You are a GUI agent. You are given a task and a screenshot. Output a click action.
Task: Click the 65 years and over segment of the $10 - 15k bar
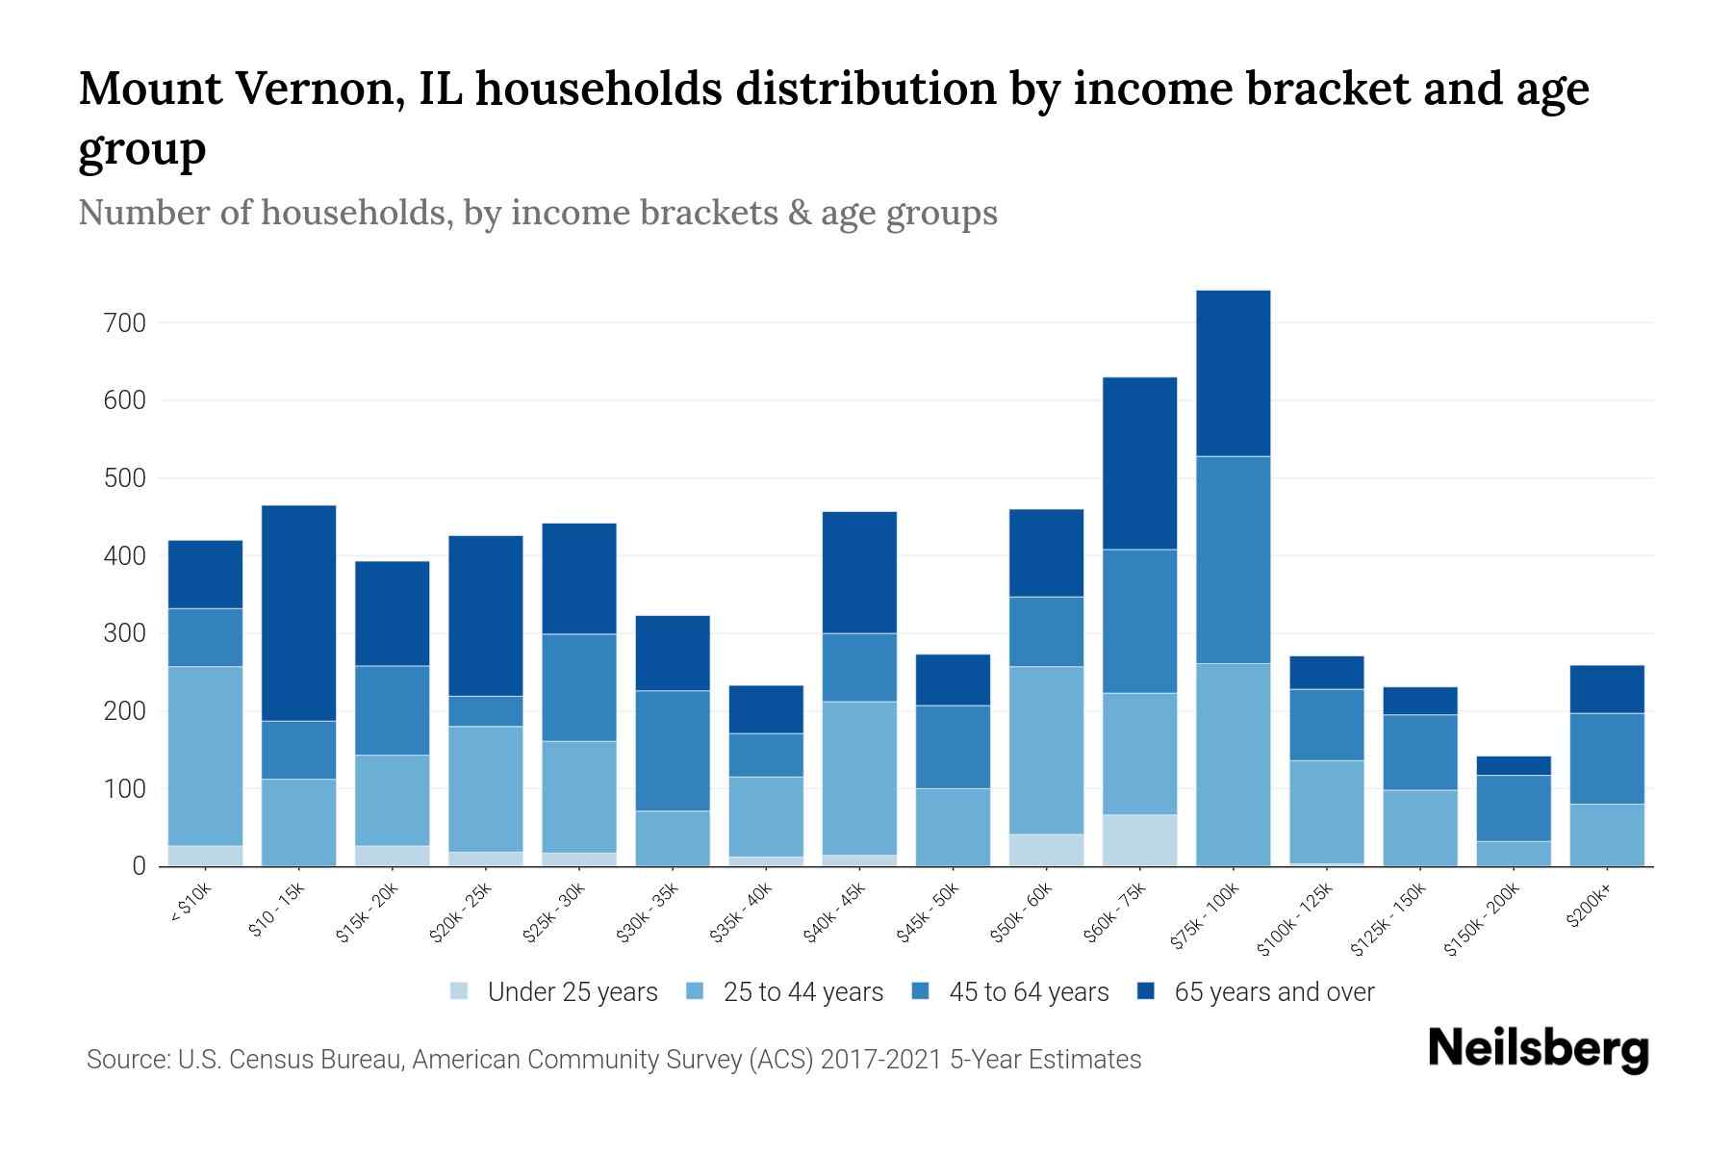(x=299, y=613)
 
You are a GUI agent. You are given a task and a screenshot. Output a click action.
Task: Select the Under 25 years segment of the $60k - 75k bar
(x=1139, y=840)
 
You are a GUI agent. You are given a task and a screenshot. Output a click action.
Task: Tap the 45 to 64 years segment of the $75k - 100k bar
(x=1233, y=560)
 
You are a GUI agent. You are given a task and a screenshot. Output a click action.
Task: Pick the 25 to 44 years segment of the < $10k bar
(x=205, y=756)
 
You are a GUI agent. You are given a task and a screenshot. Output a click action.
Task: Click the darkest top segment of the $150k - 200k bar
(x=1513, y=766)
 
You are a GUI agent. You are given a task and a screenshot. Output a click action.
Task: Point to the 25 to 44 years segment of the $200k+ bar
(x=1606, y=834)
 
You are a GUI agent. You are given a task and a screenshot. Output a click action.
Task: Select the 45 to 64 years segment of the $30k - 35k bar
(x=673, y=751)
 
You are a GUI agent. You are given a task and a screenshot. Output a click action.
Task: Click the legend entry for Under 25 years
(x=554, y=992)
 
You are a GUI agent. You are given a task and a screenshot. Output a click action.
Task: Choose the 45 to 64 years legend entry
(x=1010, y=992)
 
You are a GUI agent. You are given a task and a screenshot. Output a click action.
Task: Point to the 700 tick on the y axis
(x=124, y=323)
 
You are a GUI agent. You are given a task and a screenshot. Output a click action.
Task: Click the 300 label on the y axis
(x=124, y=634)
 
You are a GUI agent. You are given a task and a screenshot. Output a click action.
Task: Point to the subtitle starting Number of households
(x=537, y=213)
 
